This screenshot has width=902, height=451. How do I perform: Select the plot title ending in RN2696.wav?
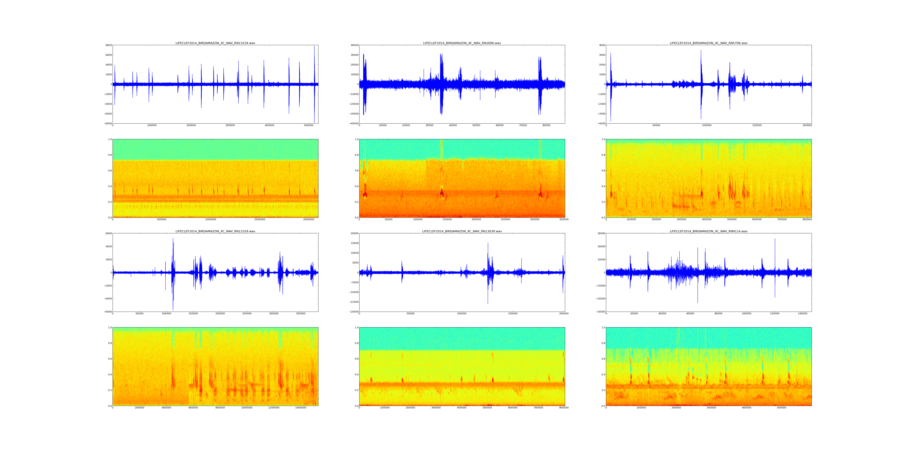[462, 43]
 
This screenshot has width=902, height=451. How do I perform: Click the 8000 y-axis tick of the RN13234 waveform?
[109, 45]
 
